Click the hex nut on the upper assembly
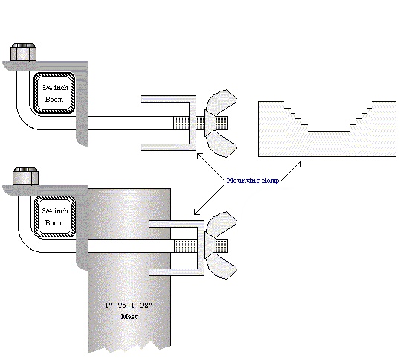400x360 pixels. click(x=24, y=52)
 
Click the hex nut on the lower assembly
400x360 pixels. click(x=26, y=176)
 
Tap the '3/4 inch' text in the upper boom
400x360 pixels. click(x=55, y=88)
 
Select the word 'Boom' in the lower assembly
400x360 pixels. click(x=54, y=222)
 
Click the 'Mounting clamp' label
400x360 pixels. click(x=253, y=181)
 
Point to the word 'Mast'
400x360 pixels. click(x=129, y=317)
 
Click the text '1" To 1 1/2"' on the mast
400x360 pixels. click(x=129, y=306)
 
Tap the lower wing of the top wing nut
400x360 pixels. click(x=222, y=144)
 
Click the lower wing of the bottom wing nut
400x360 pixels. click(x=222, y=266)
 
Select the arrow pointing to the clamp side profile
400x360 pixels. click(x=291, y=171)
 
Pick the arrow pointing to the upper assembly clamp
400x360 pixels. click(x=210, y=166)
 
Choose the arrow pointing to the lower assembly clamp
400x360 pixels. click(x=209, y=200)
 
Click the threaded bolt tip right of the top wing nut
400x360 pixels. click(x=222, y=123)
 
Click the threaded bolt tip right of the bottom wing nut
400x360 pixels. click(x=222, y=245)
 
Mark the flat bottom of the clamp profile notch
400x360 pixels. click(x=329, y=132)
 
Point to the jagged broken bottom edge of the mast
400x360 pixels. click(x=129, y=347)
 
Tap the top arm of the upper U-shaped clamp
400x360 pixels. click(x=168, y=99)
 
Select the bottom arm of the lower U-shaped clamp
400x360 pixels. click(x=176, y=272)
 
